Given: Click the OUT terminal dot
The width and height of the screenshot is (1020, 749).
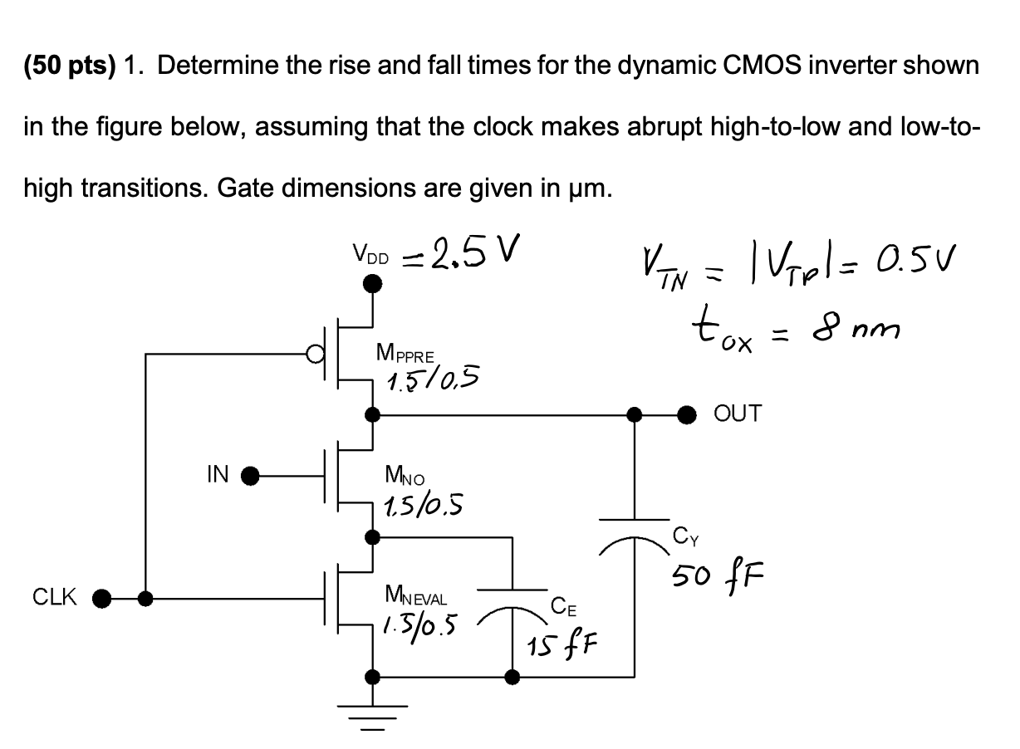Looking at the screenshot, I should [x=689, y=414].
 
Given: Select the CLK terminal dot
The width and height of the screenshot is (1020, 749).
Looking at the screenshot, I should [x=102, y=597].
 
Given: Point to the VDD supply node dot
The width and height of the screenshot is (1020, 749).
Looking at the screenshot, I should [x=374, y=284].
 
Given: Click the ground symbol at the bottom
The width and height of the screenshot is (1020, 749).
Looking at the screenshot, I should [x=374, y=714].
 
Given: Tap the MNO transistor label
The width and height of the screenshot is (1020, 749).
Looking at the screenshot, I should [x=405, y=476].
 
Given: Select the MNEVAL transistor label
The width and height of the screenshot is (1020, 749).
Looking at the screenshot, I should [x=416, y=595].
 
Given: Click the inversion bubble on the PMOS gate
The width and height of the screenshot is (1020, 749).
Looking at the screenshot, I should [x=313, y=355].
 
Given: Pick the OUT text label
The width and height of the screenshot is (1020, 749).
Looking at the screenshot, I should [x=736, y=414].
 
